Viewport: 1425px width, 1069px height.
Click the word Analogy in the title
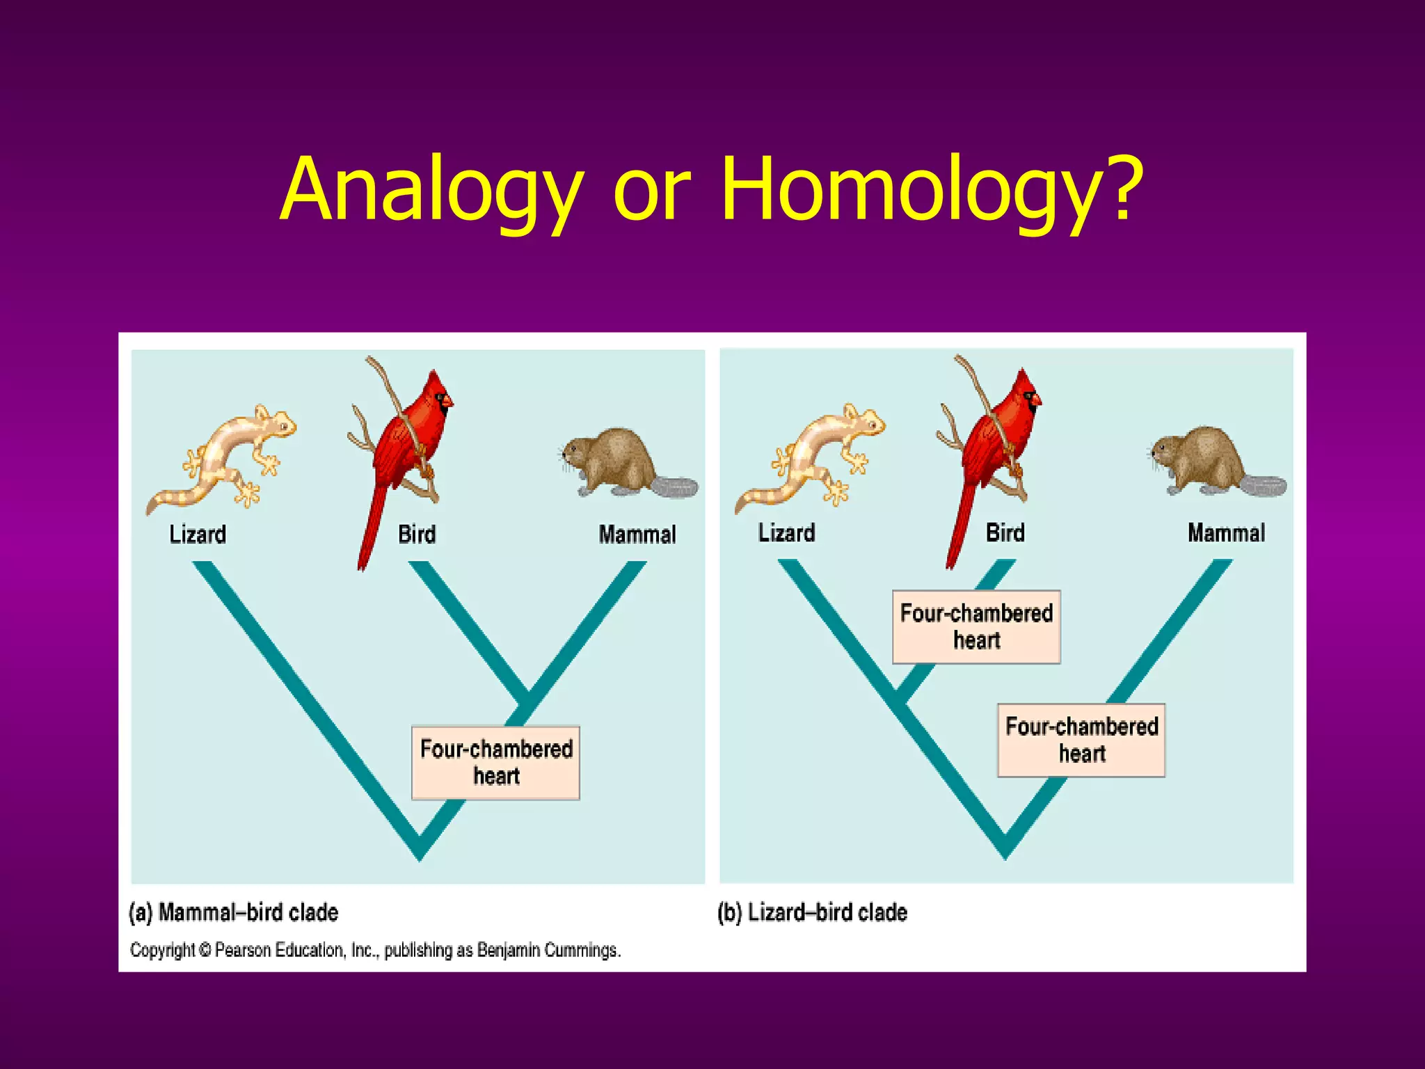click(x=431, y=189)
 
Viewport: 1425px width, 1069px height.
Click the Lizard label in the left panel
click(x=198, y=534)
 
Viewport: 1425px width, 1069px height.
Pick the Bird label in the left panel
click(x=417, y=534)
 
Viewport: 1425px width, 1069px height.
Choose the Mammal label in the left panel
click(x=637, y=534)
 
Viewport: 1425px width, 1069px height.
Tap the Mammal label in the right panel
click(x=1226, y=533)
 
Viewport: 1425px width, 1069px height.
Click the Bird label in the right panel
click(x=1005, y=533)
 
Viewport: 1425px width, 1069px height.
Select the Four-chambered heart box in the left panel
click(x=495, y=763)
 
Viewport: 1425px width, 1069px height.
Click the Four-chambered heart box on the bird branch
click(x=976, y=626)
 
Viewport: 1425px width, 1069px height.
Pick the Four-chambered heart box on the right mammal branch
click(x=1081, y=740)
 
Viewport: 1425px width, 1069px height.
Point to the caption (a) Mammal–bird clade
click(x=234, y=912)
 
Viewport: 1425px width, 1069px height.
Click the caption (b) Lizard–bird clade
click(x=812, y=912)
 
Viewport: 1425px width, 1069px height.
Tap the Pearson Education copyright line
click(x=375, y=950)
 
